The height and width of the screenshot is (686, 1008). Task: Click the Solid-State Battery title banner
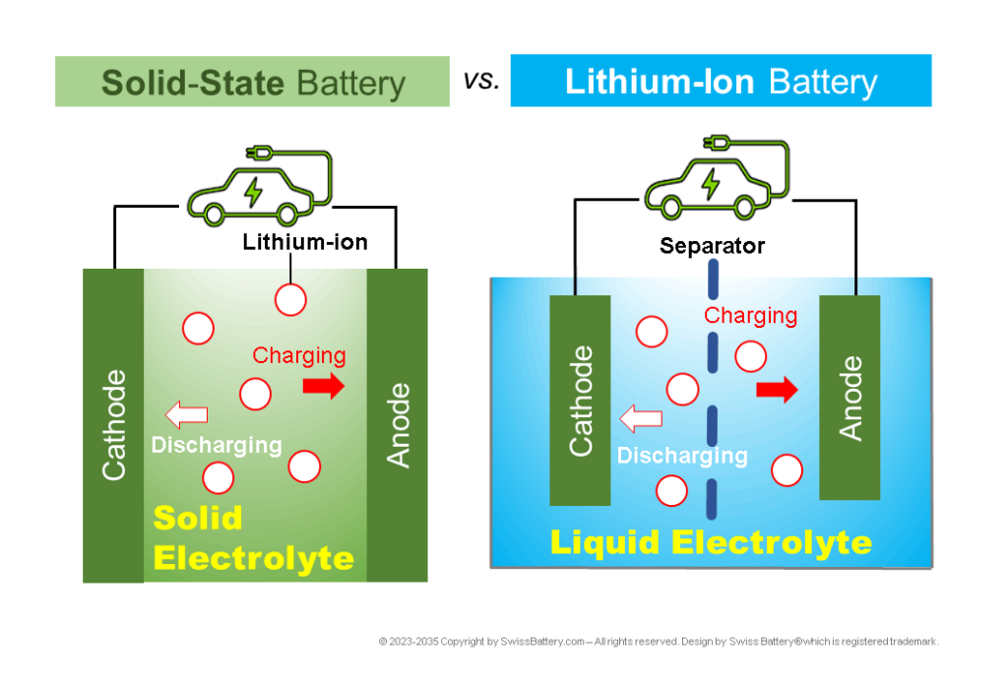[252, 82]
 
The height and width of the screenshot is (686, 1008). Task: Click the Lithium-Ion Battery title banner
[721, 81]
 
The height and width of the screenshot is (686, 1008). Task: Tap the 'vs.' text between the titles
[481, 81]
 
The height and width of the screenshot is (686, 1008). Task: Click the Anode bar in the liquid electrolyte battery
[850, 398]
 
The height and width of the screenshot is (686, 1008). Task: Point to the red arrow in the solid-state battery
[325, 386]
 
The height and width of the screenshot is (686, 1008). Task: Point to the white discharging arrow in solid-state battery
[186, 414]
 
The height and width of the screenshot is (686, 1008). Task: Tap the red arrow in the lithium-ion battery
[777, 390]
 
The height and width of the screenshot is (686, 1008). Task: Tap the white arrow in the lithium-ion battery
[640, 420]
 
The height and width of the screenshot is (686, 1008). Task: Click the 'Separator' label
[712, 246]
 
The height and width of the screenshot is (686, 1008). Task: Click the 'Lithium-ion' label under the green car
[305, 241]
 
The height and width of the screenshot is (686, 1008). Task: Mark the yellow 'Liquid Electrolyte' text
[711, 542]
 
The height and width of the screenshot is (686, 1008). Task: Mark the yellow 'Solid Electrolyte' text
[253, 539]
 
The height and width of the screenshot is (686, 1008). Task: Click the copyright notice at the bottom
[659, 641]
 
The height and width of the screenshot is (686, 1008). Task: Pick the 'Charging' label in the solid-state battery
[299, 355]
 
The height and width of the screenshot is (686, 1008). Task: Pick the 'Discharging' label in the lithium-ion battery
[682, 456]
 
